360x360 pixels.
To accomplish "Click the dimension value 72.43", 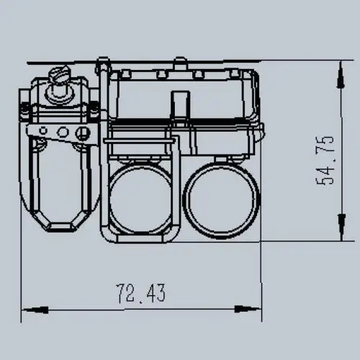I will click(x=141, y=293).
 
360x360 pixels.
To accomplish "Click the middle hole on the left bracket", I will click(x=63, y=132).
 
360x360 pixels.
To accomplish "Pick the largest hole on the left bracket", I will click(x=83, y=132).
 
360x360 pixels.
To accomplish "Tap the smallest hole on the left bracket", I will click(x=45, y=131).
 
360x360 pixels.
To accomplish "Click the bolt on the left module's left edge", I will click(x=25, y=109).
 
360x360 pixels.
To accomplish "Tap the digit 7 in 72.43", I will click(x=121, y=293).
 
